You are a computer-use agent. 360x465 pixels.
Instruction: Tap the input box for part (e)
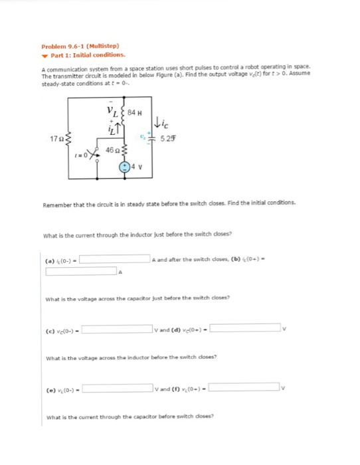click(x=116, y=387)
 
